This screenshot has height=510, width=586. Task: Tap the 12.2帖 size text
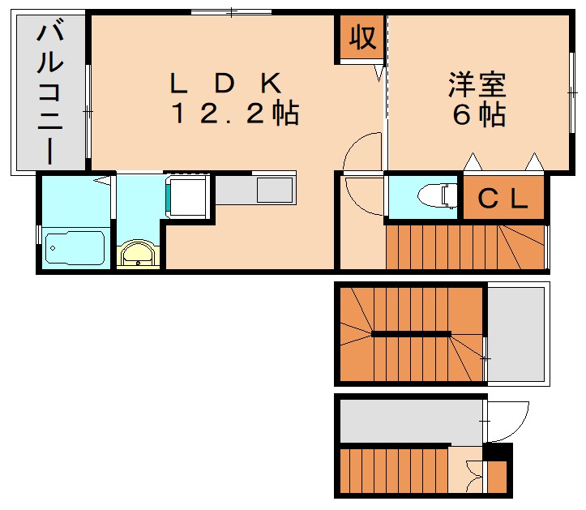(x=234, y=114)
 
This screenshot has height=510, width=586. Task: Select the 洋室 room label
(x=478, y=84)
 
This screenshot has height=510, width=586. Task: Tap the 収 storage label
(x=361, y=36)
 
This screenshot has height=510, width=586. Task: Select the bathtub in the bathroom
(x=75, y=246)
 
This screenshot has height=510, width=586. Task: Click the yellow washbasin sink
(x=139, y=254)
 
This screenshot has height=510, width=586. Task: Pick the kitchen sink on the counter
(x=274, y=190)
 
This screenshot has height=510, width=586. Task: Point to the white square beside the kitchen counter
(x=190, y=196)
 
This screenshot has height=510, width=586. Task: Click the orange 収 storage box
(x=361, y=37)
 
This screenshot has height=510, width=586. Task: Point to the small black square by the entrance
(x=498, y=451)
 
